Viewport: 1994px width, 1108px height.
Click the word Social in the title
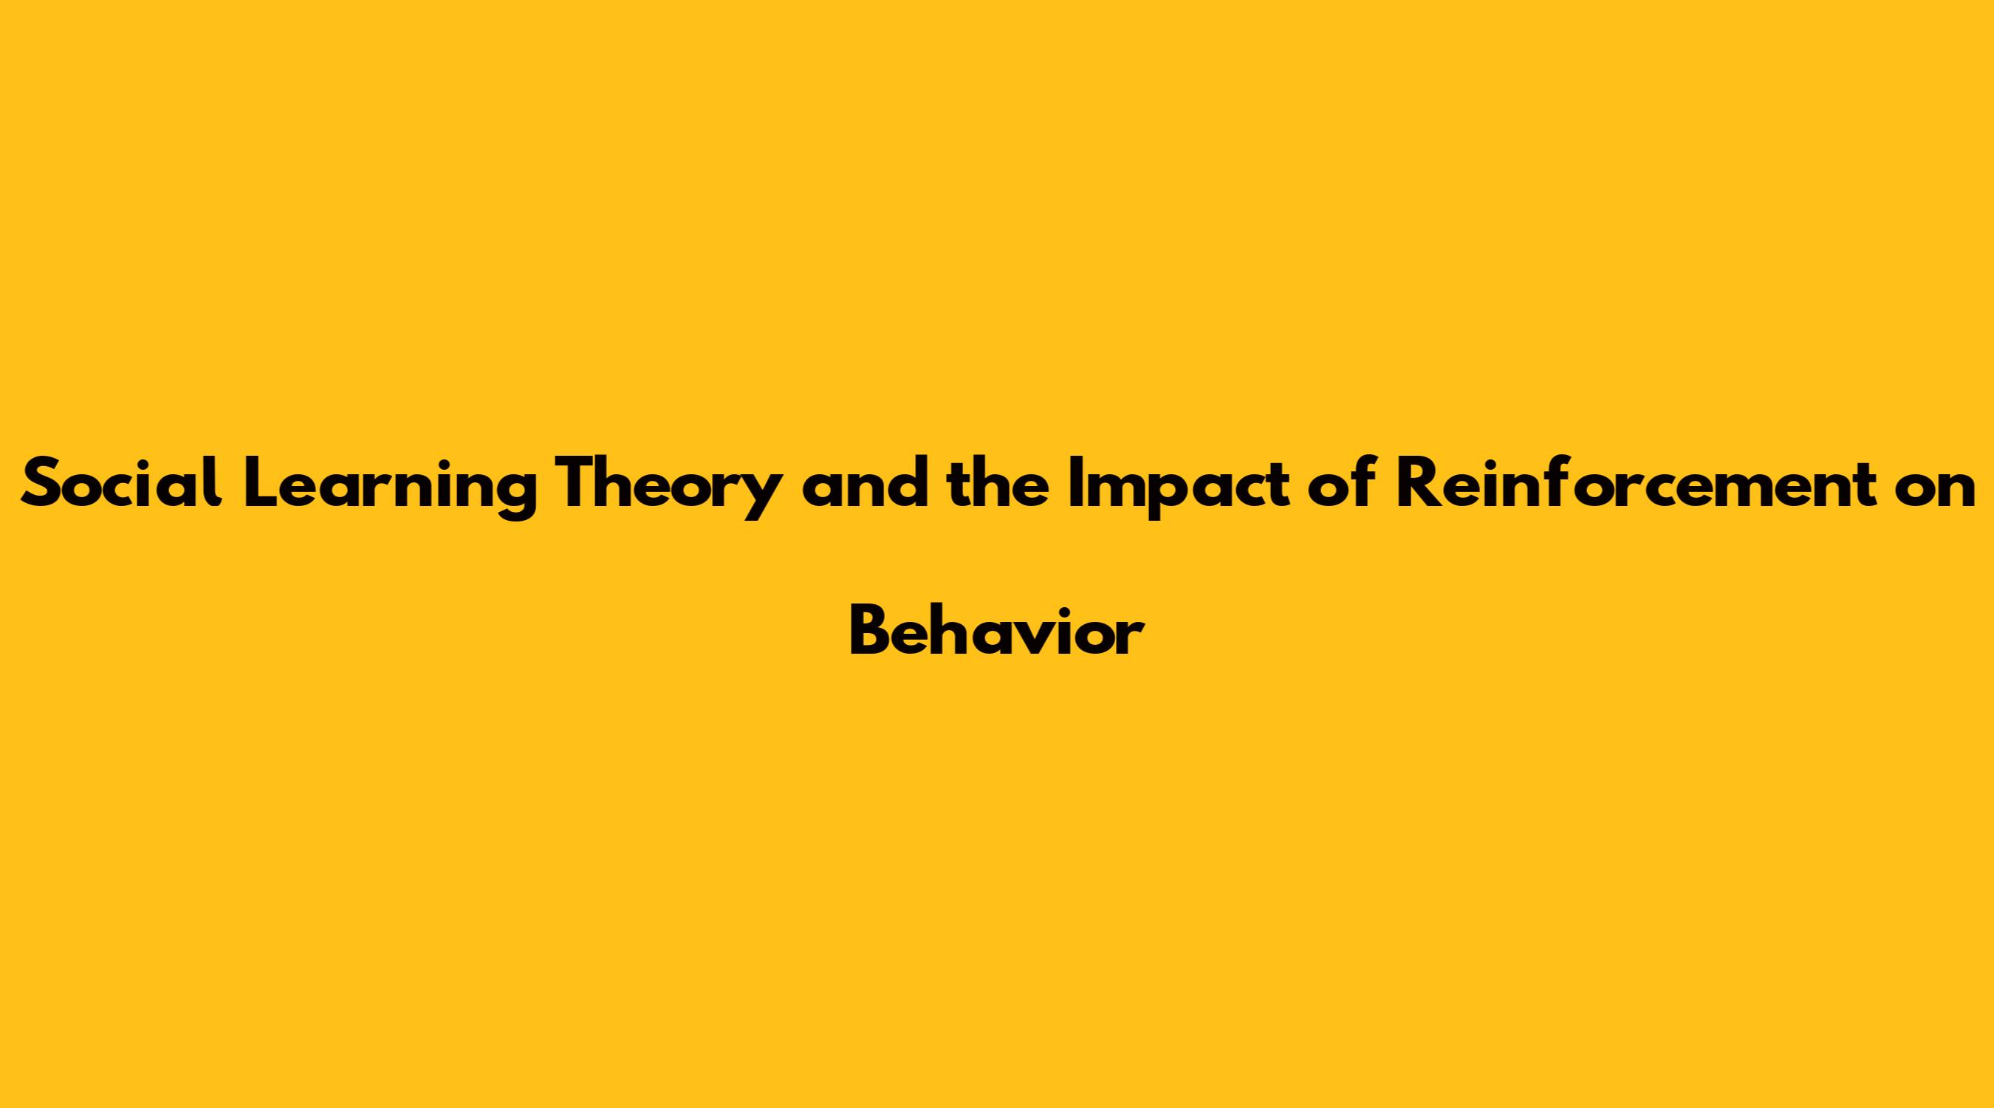[x=122, y=484]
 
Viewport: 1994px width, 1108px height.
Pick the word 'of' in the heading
[x=1343, y=484]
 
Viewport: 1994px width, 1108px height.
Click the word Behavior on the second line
[x=996, y=631]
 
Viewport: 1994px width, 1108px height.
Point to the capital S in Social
[x=42, y=484]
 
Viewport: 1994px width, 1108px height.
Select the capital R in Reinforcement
[x=1419, y=484]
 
